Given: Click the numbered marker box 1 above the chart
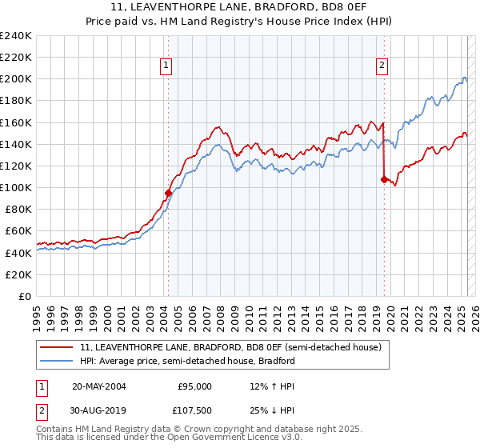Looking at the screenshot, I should (x=166, y=66).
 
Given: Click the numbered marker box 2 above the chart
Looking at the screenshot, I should (x=382, y=66).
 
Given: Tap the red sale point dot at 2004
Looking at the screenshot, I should (x=168, y=193).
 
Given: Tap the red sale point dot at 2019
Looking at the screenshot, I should (x=384, y=179).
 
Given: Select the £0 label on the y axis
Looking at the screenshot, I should (x=25, y=296).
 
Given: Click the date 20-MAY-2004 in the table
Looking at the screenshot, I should (x=99, y=386).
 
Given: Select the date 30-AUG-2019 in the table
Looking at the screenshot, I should (x=99, y=412).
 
